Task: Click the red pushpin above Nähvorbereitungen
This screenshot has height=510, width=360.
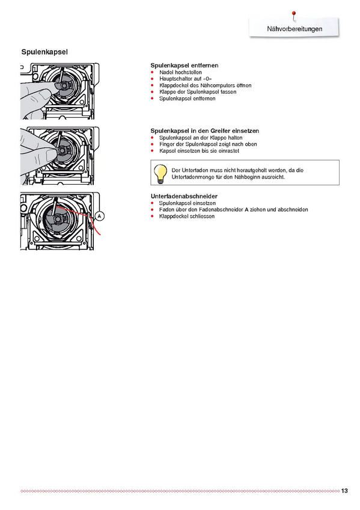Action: tap(294, 14)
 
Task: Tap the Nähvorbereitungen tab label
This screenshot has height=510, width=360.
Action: tap(294, 29)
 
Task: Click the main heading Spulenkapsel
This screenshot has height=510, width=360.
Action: tap(44, 52)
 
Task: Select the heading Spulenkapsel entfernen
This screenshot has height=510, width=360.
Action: tap(185, 66)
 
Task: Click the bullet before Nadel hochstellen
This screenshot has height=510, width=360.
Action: tap(152, 72)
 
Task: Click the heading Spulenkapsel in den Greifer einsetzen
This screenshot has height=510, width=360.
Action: tap(205, 131)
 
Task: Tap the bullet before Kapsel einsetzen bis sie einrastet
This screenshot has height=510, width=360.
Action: tap(152, 150)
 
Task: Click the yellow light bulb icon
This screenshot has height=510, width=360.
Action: tap(160, 174)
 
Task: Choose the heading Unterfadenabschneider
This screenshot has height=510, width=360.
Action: tap(184, 196)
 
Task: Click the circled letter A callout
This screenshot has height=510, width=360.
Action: tap(99, 216)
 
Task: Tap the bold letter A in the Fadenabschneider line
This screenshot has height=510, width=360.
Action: tap(246, 209)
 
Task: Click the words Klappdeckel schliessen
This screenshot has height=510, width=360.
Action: tap(187, 217)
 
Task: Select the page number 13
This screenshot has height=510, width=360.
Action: tap(344, 491)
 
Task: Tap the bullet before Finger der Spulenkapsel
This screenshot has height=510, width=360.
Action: tap(152, 144)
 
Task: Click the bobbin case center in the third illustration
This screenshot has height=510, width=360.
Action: tap(58, 220)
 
